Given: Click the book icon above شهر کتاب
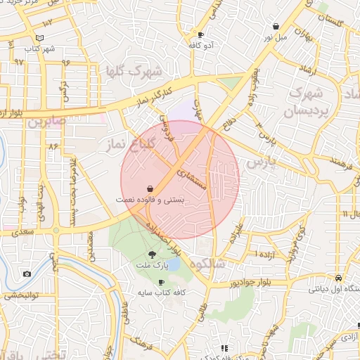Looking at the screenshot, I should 40,37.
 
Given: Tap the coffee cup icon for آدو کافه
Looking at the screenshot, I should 201,34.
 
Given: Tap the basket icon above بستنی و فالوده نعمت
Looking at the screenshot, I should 150,188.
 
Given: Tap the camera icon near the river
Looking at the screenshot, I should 27,274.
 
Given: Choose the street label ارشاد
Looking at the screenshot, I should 312,69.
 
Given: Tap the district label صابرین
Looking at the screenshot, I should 46,121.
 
